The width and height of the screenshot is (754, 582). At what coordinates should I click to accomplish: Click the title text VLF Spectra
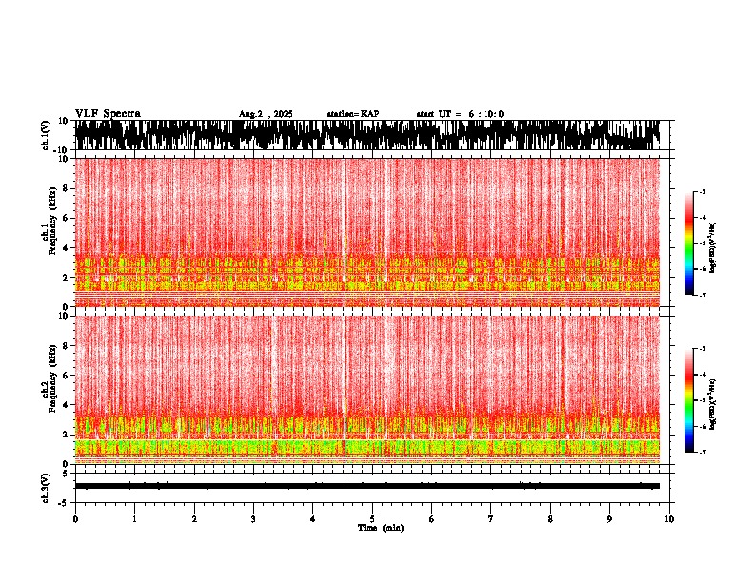[108, 114]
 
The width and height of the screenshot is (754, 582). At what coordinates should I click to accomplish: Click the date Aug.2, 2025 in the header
[266, 114]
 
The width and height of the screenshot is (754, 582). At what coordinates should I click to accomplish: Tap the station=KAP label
[352, 114]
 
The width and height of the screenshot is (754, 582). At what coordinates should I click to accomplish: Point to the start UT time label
[460, 114]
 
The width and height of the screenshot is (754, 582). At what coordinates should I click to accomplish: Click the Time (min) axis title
[380, 527]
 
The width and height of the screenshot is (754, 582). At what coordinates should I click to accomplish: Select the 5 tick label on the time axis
[372, 519]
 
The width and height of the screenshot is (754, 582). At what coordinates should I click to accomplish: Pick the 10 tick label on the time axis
[669, 519]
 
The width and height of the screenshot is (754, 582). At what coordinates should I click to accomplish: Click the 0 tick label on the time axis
[75, 519]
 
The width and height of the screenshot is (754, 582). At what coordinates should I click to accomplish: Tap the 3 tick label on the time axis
[253, 519]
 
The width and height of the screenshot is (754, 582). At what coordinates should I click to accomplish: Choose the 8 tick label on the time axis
[550, 519]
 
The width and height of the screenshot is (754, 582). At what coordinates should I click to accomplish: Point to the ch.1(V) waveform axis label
[46, 135]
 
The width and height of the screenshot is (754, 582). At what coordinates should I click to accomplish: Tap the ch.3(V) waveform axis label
[46, 487]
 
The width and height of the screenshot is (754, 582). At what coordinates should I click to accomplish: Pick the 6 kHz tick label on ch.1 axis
[67, 218]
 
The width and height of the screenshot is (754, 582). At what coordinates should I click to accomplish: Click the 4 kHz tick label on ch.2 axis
[67, 404]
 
